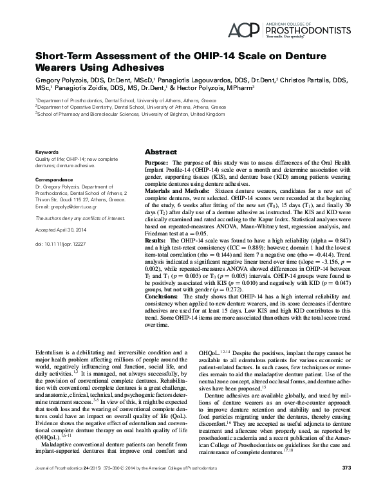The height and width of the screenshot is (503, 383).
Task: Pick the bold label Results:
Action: click(156, 240)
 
